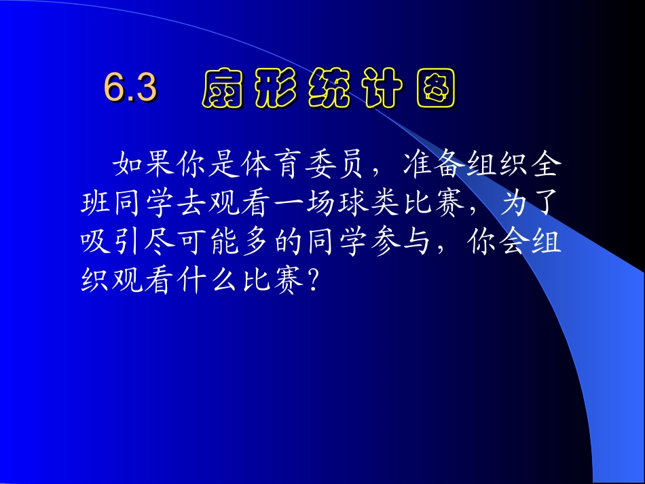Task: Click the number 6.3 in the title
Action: tap(130, 88)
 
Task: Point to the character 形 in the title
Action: tap(276, 89)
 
